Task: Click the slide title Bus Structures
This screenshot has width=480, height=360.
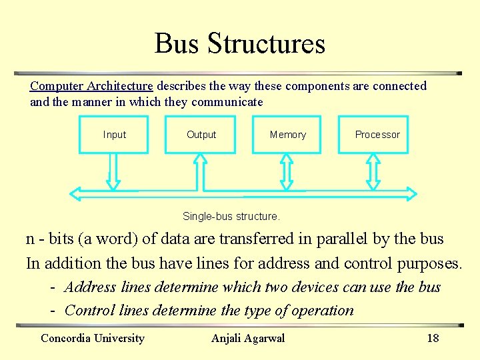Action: click(240, 43)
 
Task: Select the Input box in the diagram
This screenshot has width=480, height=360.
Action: click(113, 135)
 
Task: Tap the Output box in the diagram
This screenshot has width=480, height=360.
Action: click(201, 135)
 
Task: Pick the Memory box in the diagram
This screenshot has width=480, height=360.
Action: click(287, 135)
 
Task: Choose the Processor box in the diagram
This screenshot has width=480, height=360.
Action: click(373, 135)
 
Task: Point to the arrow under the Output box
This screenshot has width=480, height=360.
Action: click(200, 171)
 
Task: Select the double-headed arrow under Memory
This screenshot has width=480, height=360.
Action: click(287, 171)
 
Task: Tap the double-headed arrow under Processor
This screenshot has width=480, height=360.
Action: click(373, 171)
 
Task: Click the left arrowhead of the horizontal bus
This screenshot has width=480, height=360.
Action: click(77, 194)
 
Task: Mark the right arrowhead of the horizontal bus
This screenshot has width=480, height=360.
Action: click(409, 194)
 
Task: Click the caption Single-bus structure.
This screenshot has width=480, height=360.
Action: click(231, 217)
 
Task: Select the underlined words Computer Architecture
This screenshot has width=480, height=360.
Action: click(91, 86)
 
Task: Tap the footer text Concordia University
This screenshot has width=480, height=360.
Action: click(93, 338)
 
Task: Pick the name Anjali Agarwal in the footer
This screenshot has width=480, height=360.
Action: click(248, 338)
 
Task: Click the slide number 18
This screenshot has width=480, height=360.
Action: click(433, 338)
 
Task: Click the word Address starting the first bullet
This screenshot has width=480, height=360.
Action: click(90, 287)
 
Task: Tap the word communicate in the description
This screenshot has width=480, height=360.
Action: click(227, 102)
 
